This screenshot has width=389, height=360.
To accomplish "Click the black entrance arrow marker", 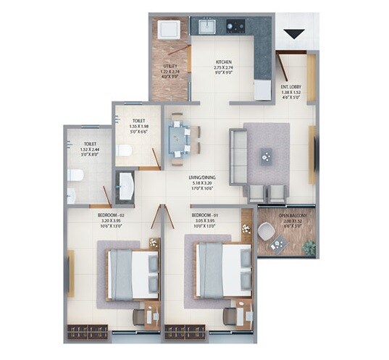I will pos(293,33).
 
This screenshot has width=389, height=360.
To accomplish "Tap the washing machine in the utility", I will pos(169,30).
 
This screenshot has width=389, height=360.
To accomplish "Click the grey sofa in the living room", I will pos(237,156).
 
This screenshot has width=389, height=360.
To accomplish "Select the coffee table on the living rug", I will pos(267,154).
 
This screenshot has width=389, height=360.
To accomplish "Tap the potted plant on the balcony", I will pos(309,247).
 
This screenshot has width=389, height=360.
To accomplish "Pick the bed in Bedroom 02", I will pos(132,274).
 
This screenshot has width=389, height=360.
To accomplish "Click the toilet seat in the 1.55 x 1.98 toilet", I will pos(124,151).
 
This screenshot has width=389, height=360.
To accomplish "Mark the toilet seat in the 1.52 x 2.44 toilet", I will pos(73,175).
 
